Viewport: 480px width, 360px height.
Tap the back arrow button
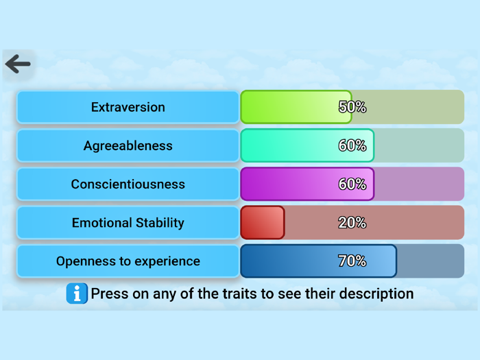(x=18, y=64)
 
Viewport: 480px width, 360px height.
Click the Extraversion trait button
(x=128, y=107)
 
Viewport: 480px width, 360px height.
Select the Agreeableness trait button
(x=128, y=145)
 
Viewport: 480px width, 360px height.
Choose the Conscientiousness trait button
(x=128, y=184)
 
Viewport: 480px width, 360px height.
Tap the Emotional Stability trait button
(x=128, y=223)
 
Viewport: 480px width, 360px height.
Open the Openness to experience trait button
(x=128, y=261)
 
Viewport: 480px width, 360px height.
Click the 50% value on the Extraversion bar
(x=352, y=107)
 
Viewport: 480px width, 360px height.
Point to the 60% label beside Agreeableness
(x=352, y=145)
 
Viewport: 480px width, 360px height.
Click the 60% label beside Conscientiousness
(x=352, y=184)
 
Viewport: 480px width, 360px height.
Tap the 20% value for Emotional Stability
(x=352, y=223)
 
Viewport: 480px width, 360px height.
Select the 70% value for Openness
(x=352, y=261)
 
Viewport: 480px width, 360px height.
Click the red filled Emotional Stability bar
(x=262, y=223)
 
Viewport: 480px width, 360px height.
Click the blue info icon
(x=76, y=293)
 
